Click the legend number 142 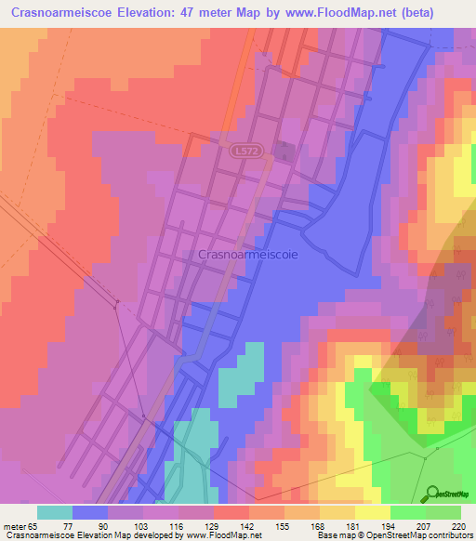tap(247, 525)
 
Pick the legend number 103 tap(144, 525)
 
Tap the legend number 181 tap(351, 525)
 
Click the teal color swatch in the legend tap(55, 512)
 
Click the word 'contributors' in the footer tap(447, 535)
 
